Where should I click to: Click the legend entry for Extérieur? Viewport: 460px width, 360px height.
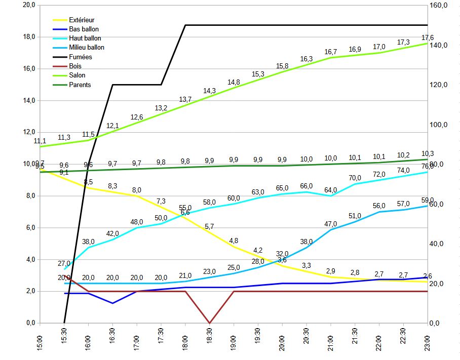[82, 20]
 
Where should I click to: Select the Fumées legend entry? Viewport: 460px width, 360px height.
[81, 57]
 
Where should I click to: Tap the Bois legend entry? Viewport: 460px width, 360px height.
[75, 66]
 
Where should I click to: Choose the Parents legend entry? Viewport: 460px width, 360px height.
[80, 85]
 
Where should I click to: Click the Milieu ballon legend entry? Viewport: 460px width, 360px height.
[87, 48]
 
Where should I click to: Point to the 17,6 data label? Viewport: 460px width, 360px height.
[428, 38]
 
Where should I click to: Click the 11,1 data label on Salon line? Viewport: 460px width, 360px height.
[40, 141]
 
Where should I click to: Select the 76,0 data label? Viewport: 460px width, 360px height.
[428, 166]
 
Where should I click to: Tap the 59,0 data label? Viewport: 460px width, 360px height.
[428, 200]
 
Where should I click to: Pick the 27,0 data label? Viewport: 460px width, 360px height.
[64, 263]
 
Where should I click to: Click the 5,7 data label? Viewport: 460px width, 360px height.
[209, 226]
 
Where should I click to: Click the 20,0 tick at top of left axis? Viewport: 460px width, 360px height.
[29, 5]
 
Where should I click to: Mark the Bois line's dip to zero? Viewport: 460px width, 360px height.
[210, 323]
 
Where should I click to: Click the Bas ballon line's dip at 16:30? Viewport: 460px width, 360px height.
[112, 303]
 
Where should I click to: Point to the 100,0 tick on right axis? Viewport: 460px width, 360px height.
[439, 125]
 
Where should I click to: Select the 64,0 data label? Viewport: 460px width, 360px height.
[330, 190]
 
